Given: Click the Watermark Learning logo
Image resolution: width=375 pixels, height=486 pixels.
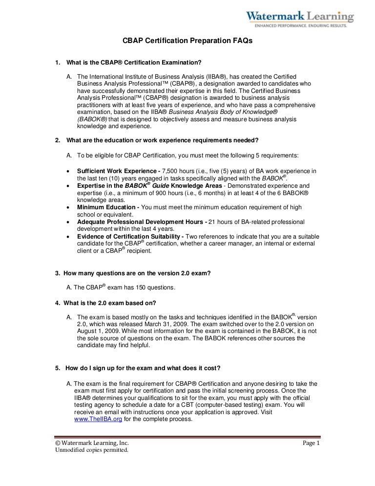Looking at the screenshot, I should pos(300,19).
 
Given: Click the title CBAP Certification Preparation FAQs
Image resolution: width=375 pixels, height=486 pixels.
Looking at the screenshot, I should pos(187,42).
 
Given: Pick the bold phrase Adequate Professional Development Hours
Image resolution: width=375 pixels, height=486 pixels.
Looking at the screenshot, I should pos(142,222).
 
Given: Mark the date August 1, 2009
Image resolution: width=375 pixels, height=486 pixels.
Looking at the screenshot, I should pos(101,331).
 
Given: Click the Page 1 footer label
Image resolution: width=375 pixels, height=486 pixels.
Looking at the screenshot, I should pos(311,443).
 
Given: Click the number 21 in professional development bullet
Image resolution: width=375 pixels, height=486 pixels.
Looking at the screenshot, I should pos(212,222).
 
